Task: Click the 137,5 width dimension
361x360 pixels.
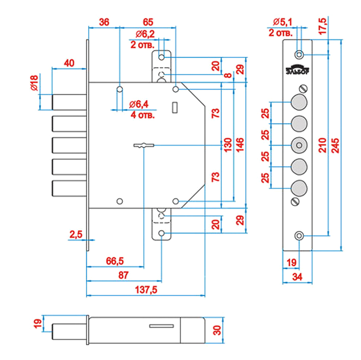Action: click(x=146, y=290)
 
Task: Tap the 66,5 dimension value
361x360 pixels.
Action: click(x=115, y=261)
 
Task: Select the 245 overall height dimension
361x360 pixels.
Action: click(x=335, y=145)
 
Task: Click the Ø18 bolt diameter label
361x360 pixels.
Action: click(x=34, y=83)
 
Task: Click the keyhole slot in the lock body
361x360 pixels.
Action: click(x=144, y=145)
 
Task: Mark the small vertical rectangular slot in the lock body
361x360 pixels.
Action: click(x=175, y=107)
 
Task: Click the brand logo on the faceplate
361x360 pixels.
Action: click(x=297, y=70)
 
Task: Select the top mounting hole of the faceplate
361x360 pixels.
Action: click(x=299, y=55)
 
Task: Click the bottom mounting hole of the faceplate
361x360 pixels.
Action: click(x=299, y=236)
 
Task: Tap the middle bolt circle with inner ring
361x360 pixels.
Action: click(x=299, y=145)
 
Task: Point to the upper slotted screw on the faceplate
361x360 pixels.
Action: click(x=304, y=89)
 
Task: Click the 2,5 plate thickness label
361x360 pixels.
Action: click(x=76, y=234)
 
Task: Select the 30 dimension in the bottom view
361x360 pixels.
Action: click(x=217, y=330)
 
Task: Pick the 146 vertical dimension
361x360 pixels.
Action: click(x=240, y=145)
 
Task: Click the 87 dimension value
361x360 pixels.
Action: click(x=123, y=275)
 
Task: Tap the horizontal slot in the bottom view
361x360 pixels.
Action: click(x=162, y=326)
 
